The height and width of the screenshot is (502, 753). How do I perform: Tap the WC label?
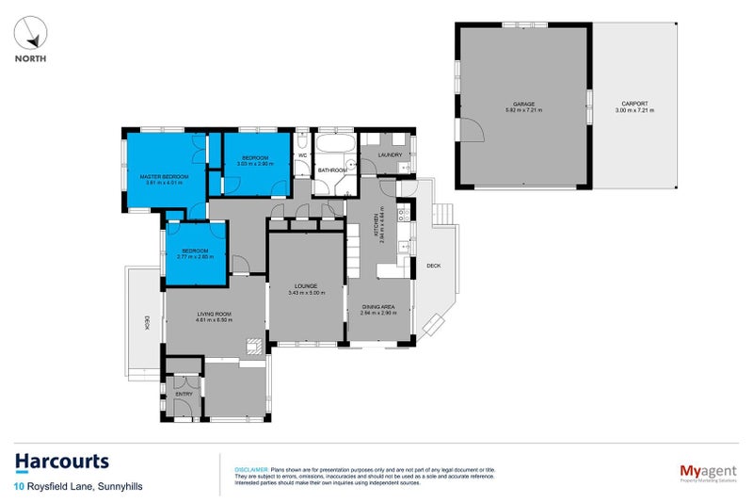point(302,154)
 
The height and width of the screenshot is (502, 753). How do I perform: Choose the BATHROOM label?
point(331,170)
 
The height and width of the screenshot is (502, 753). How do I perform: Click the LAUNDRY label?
point(390,154)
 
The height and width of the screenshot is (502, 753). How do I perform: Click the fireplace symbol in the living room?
point(252,345)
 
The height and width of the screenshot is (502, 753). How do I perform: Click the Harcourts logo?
point(61,461)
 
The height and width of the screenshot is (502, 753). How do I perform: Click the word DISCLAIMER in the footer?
point(250,468)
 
